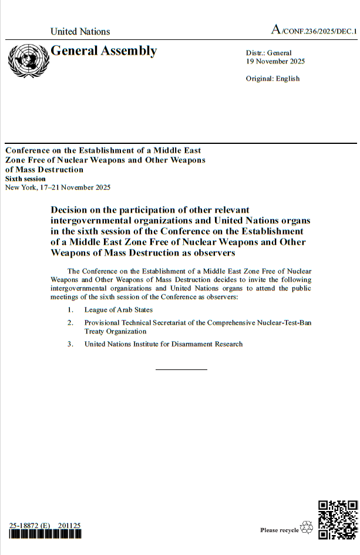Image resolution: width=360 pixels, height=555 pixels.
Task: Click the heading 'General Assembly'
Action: point(104,51)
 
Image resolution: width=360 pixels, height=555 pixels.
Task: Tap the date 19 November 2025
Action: point(275,62)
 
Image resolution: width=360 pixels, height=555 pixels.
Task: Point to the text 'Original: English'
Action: point(272,79)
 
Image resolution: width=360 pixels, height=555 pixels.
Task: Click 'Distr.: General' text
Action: point(268,53)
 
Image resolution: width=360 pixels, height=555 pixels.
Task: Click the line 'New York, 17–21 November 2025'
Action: point(58,187)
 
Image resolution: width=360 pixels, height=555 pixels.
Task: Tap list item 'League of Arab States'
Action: point(119,310)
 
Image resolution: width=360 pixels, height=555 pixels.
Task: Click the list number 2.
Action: point(70,323)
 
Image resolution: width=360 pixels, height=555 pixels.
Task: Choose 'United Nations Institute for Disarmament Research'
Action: point(163,344)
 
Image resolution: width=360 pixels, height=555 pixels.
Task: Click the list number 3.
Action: point(70,344)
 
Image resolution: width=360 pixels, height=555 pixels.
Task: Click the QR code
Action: point(337,519)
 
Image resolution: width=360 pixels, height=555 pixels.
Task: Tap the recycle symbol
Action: point(307,529)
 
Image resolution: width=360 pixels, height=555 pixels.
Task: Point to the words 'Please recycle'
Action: point(280,530)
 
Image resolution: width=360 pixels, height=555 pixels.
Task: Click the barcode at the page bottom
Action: point(45,534)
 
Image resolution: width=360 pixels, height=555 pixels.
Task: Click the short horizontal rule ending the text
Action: point(181,369)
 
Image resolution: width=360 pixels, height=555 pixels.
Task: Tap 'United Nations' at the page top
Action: point(80,32)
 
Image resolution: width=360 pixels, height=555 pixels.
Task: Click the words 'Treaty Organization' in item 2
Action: point(115,332)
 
